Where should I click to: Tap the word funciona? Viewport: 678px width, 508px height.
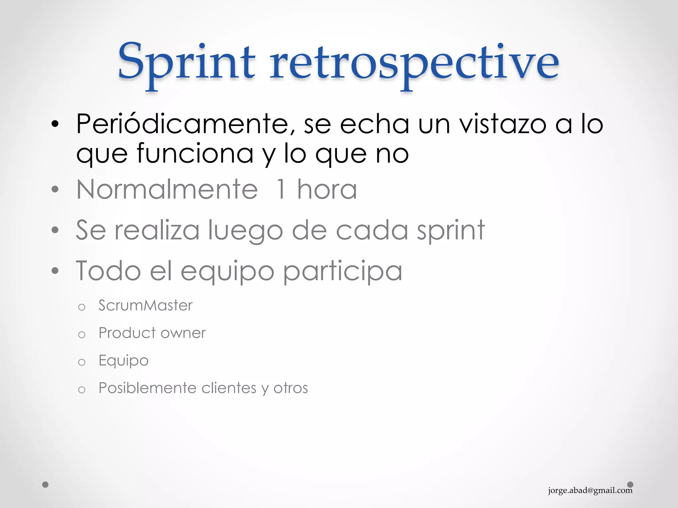coord(195,153)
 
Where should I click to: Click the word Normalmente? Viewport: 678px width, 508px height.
coord(167,190)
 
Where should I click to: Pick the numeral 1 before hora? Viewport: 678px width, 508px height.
coord(280,190)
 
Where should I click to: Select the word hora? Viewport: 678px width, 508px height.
coord(327,190)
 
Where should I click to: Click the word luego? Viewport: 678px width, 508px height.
coord(245,230)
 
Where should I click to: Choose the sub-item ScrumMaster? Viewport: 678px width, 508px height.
coord(145,305)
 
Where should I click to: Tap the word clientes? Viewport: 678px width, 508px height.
coord(229,388)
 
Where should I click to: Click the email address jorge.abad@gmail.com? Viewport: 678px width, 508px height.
coord(590,490)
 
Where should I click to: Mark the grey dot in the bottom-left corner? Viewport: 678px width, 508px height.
coord(45,485)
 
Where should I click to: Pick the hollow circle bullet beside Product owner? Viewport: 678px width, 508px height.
coord(82,335)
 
